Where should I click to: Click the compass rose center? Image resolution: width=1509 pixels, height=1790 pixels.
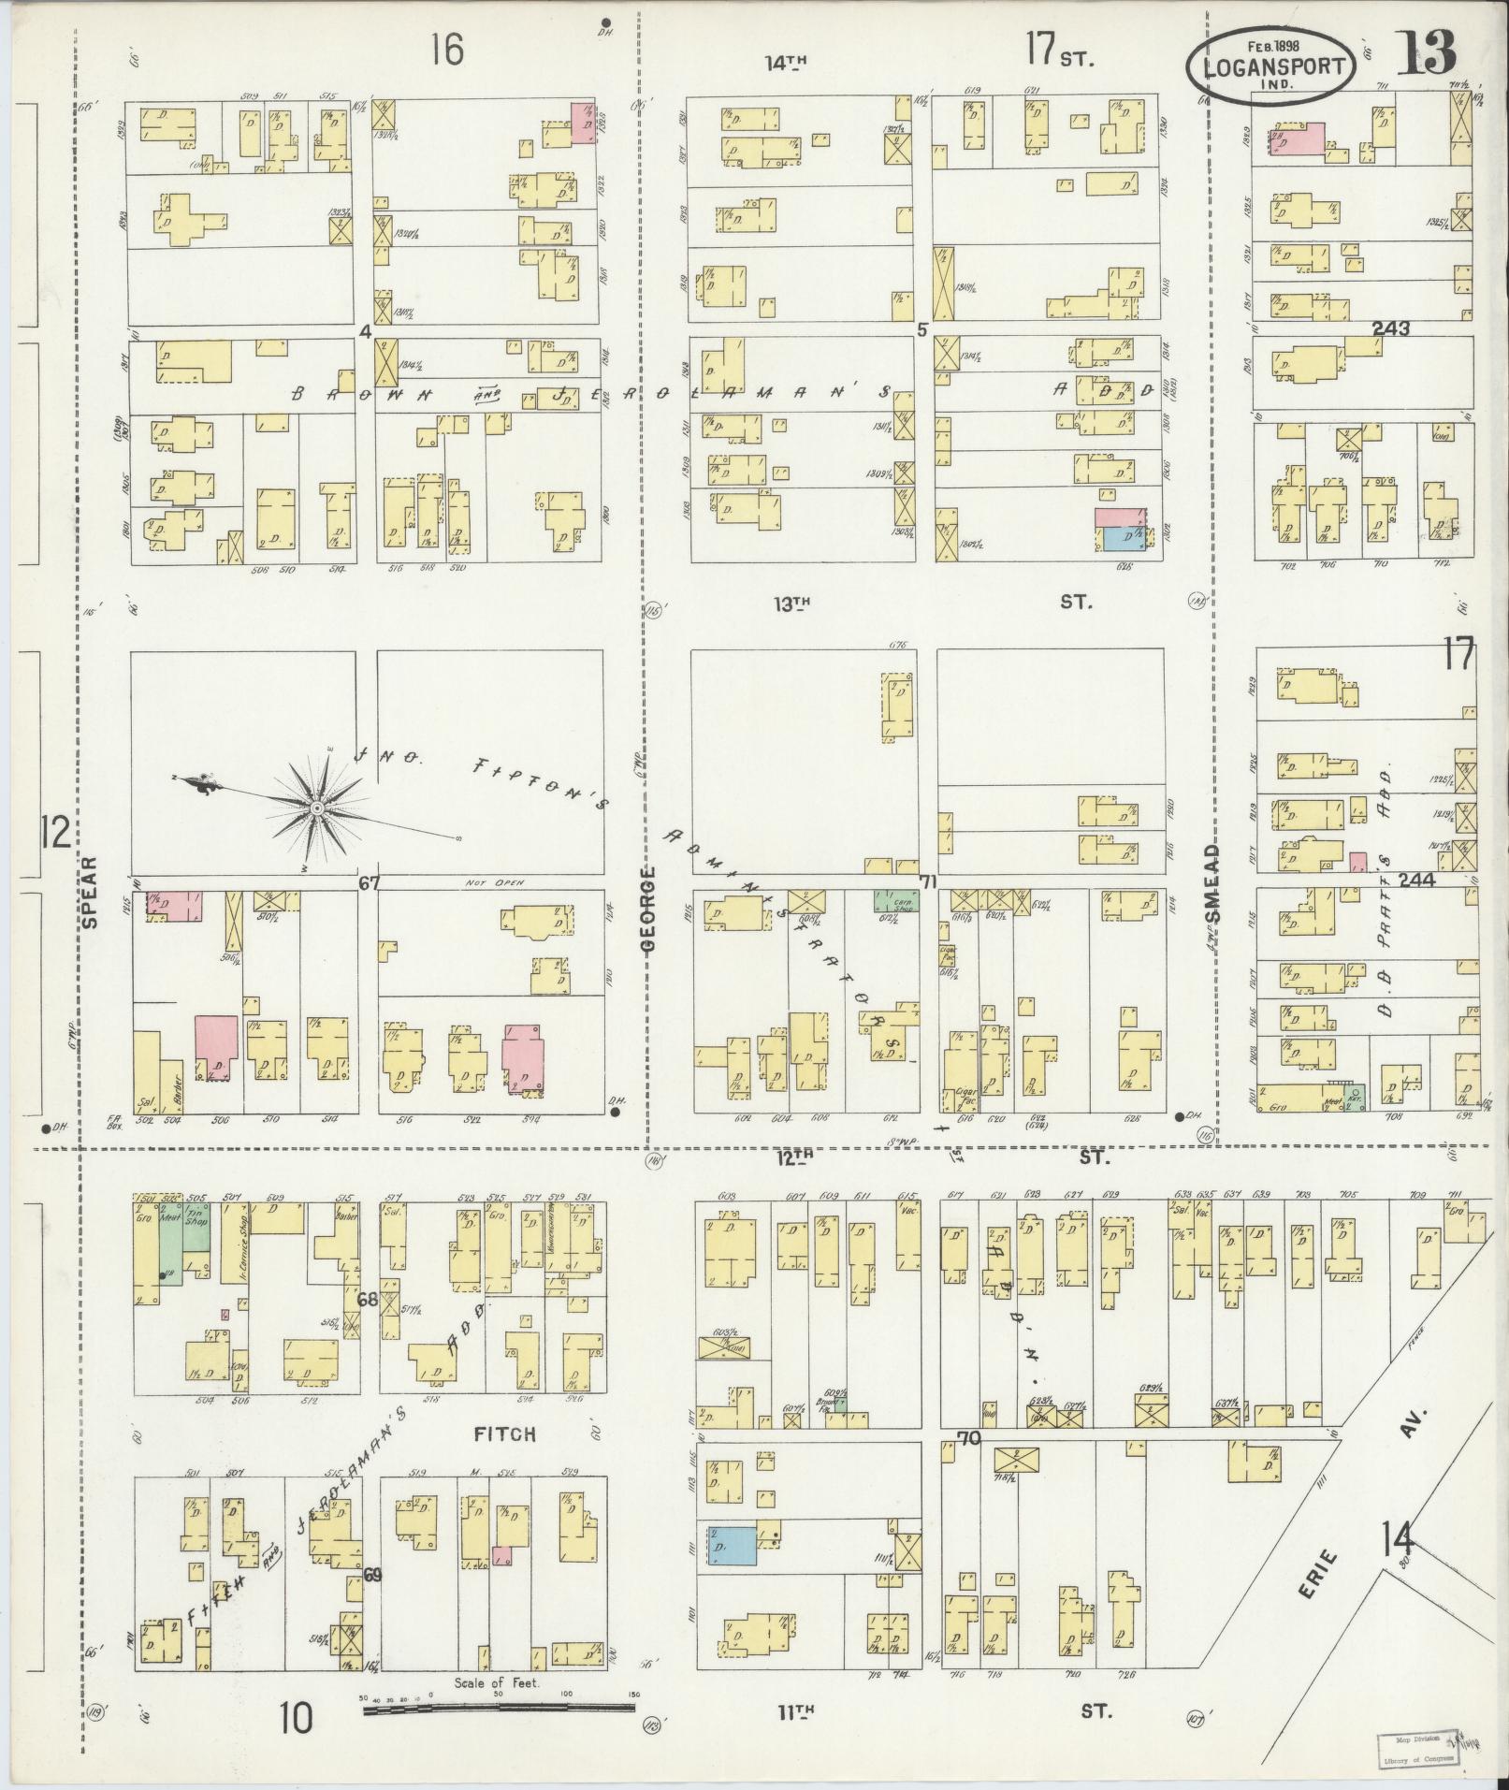[317, 808]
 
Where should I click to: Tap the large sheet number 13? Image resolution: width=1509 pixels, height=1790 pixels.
[1428, 53]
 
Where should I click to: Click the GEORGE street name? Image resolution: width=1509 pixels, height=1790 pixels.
[649, 908]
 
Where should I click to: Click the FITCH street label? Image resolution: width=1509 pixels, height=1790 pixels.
[505, 1460]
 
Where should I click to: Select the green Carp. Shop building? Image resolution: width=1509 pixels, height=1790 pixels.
[896, 901]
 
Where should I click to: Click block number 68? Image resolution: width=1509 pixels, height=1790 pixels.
[367, 1299]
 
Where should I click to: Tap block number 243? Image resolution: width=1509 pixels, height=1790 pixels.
[1391, 328]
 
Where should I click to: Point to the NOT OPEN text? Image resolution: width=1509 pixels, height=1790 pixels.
[492, 882]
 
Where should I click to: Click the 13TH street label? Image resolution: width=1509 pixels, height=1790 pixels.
[790, 604]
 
